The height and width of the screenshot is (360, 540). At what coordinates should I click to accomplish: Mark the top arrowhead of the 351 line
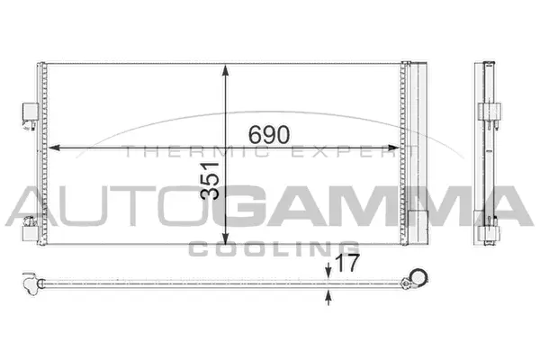click(x=224, y=69)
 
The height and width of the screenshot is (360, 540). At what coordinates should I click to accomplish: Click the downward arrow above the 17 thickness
click(x=328, y=273)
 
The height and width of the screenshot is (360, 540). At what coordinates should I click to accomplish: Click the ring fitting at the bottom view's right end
click(x=417, y=277)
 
